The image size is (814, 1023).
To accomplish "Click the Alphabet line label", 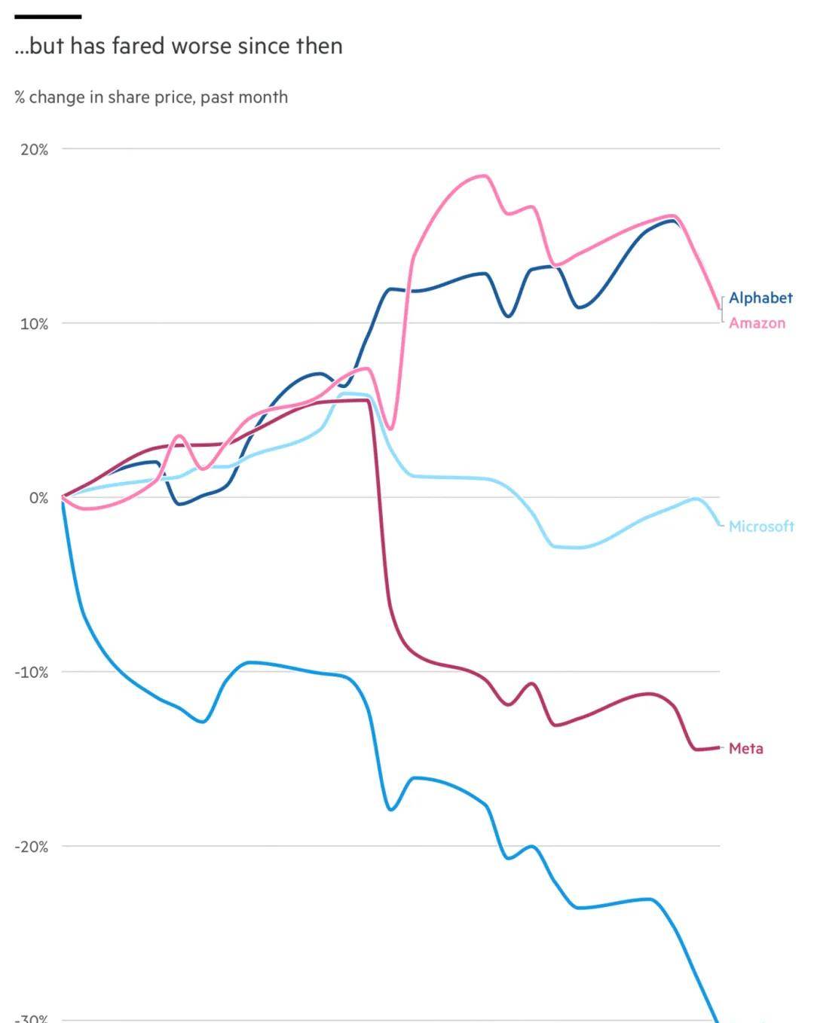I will pos(760,298).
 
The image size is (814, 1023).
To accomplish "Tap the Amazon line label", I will pos(757,323).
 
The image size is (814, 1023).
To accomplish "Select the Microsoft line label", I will pos(761,527).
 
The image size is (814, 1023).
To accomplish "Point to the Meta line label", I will pos(745,748).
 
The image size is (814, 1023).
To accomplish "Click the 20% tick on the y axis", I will pos(35,149).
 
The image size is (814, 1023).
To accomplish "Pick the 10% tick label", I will pos(35,324).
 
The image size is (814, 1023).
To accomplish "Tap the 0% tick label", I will pos(39,498).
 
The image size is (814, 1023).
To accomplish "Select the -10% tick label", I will pos(32,672).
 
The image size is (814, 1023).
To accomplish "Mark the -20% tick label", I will pos(32,847).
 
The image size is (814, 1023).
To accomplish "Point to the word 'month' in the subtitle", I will pos(264,97).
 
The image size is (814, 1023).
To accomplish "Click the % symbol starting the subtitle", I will pos(20,97).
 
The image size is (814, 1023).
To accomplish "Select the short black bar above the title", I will pos(47,17).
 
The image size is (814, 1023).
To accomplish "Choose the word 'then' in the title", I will pos(319,46).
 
